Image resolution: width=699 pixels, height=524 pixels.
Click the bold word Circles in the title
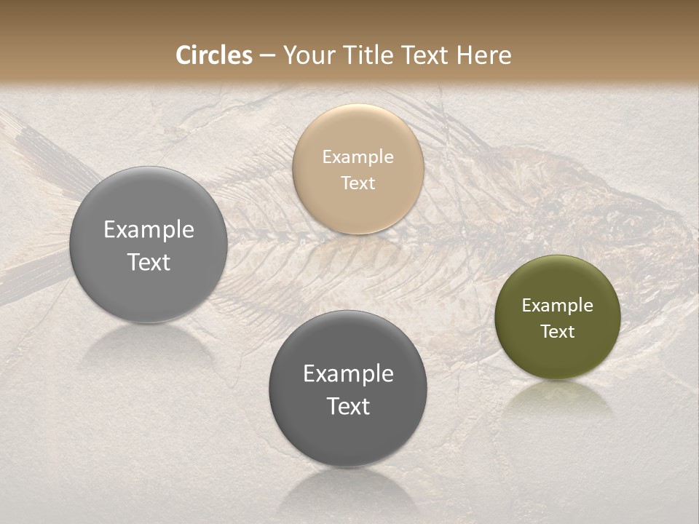point(213,55)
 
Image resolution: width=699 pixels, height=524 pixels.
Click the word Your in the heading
point(308,55)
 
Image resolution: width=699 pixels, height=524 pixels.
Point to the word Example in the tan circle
point(358,156)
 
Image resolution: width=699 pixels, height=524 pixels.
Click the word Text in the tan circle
point(358,183)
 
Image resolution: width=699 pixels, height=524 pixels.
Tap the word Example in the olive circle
point(557,305)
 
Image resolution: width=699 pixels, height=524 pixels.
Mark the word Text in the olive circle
point(557,331)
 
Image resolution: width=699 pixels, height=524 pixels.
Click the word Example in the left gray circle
point(149,229)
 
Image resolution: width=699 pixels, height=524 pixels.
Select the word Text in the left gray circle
point(149,262)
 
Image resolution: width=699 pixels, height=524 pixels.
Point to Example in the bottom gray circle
point(348,373)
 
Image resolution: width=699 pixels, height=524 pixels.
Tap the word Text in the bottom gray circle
point(348,406)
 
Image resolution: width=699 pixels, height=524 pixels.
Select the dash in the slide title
point(267,56)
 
